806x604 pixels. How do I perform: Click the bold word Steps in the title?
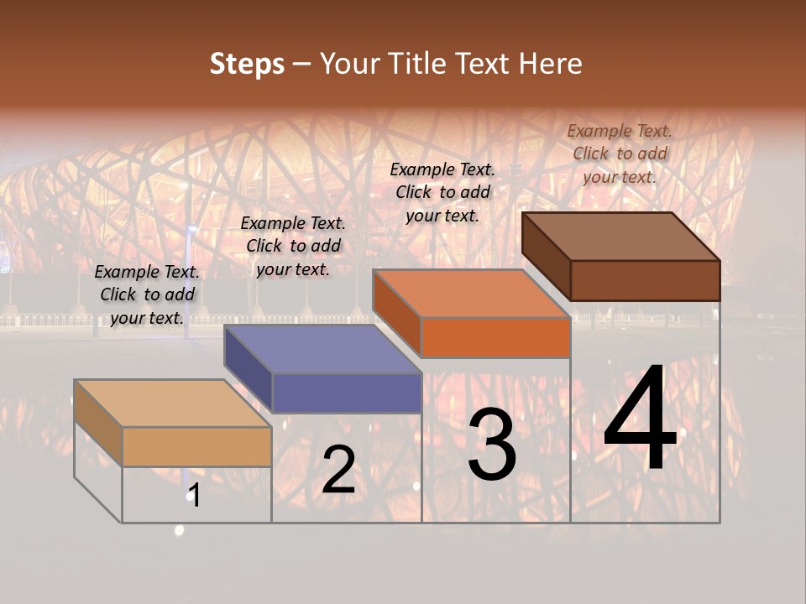247,65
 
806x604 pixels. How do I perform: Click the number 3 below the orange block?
492,445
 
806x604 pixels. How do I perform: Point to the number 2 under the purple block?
338,470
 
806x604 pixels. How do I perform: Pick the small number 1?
194,496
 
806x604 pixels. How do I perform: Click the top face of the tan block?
173,403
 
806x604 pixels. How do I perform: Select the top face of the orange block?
471,294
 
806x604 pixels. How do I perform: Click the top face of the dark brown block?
620,236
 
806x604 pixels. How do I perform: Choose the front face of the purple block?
347,393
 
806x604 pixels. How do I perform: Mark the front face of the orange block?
495,338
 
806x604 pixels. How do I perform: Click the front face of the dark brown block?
645,280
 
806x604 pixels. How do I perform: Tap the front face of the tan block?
196,446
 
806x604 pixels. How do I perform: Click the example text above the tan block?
147,294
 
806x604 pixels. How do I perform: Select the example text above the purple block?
293,246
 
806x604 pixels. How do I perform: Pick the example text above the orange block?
442,192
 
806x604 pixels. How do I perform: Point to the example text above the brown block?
620,154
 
